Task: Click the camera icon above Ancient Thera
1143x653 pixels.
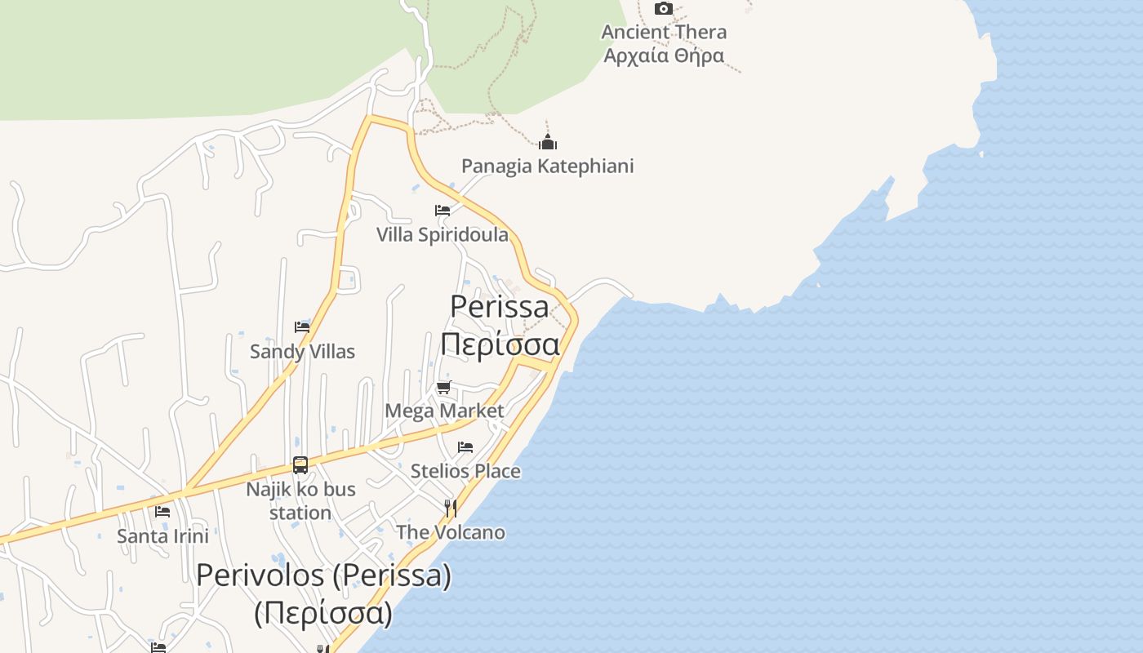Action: (x=664, y=9)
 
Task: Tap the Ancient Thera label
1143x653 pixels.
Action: (x=664, y=32)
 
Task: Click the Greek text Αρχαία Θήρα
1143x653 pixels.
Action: (x=664, y=56)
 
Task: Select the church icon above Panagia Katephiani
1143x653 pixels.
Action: (x=547, y=142)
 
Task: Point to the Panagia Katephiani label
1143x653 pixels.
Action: (x=547, y=166)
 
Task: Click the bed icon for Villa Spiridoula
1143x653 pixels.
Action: (x=443, y=211)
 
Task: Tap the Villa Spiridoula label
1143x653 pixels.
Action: (x=443, y=235)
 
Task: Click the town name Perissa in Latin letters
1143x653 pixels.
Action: (x=500, y=306)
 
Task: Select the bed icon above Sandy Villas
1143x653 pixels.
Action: (x=302, y=327)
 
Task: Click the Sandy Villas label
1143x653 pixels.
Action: (x=302, y=352)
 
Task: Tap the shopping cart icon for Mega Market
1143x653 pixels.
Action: (x=443, y=387)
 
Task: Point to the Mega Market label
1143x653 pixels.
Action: (x=444, y=411)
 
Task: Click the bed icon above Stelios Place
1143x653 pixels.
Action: (x=465, y=447)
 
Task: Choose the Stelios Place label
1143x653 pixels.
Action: (x=465, y=471)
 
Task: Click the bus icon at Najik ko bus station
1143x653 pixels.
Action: (x=300, y=465)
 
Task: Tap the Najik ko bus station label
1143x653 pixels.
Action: (x=300, y=500)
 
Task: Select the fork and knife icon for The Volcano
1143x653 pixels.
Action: (x=450, y=509)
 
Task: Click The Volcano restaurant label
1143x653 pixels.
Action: (x=451, y=532)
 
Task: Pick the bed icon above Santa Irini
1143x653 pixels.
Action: (x=162, y=512)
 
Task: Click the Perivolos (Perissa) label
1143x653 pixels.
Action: (x=323, y=575)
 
